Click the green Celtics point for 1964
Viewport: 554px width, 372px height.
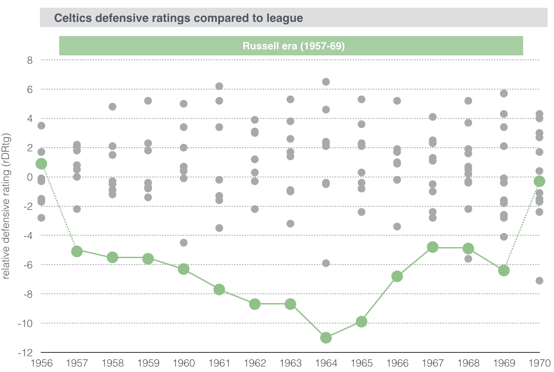point(326,338)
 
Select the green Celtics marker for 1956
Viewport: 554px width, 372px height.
point(41,163)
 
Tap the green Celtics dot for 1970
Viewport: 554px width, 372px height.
point(539,181)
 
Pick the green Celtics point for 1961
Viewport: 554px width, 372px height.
point(219,289)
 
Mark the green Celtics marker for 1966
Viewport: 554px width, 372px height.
point(397,276)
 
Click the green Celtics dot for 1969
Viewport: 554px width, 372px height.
point(504,270)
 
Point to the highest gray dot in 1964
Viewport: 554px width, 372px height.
point(326,82)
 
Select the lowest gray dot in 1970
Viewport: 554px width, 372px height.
point(539,281)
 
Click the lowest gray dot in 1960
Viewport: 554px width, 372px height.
point(183,243)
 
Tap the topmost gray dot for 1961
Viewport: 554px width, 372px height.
point(219,86)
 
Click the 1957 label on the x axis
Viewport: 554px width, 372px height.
point(77,363)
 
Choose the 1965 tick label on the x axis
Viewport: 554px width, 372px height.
point(362,363)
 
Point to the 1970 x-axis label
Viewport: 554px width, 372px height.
point(540,363)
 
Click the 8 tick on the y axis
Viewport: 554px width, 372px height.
point(30,60)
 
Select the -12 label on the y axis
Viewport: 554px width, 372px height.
point(25,353)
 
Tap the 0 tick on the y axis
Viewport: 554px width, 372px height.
point(30,177)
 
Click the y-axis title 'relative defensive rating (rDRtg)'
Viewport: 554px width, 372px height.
point(6,206)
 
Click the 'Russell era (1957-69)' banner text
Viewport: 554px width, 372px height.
point(293,46)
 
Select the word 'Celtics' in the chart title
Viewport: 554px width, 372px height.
point(73,18)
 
